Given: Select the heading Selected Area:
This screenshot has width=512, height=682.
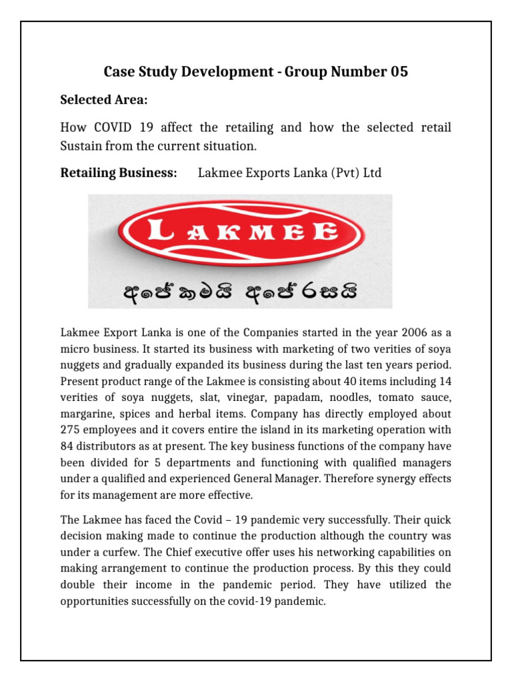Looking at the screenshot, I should [103, 100].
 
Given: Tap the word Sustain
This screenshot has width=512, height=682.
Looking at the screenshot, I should [84, 144].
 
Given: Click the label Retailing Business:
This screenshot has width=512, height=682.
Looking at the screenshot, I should [119, 173].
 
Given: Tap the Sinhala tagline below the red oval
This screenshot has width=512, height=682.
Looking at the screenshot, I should [242, 291].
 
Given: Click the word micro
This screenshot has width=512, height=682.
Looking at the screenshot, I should [75, 348].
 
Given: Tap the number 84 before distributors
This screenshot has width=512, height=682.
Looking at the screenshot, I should [67, 446].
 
